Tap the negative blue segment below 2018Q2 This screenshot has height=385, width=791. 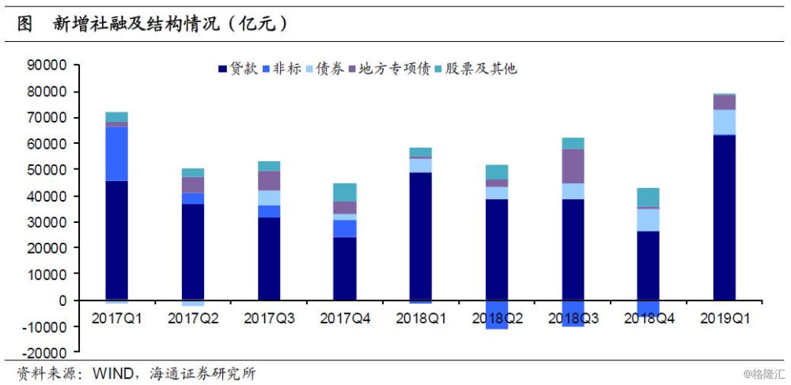pyautogui.click(x=497, y=315)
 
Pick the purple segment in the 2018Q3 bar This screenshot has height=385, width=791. pyautogui.click(x=573, y=166)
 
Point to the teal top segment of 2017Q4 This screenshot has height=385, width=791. pyautogui.click(x=344, y=192)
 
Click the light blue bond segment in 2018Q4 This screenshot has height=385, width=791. pyautogui.click(x=648, y=220)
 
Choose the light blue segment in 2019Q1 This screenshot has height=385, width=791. pyautogui.click(x=725, y=122)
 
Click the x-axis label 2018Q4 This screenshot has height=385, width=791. pyautogui.click(x=648, y=319)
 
